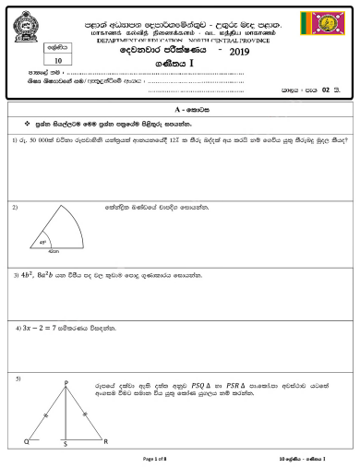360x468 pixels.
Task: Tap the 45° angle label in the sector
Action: [x=42, y=242]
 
